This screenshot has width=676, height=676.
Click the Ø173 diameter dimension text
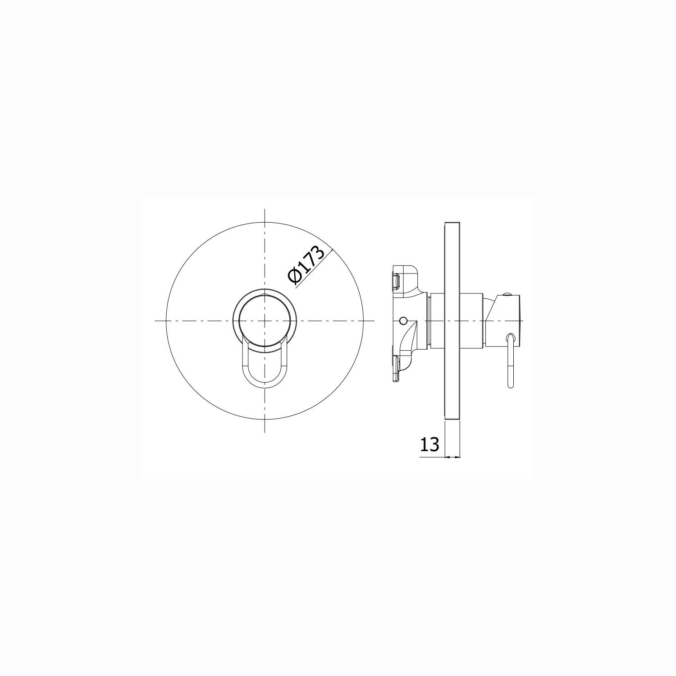(x=307, y=265)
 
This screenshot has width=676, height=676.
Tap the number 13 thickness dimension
(x=429, y=444)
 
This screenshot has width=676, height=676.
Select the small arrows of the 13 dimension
(x=452, y=457)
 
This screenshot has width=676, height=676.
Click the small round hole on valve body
(x=403, y=320)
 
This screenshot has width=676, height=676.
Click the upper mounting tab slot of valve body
(x=397, y=282)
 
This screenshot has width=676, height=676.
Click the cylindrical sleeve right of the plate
(x=472, y=321)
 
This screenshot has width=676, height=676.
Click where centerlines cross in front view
(x=265, y=321)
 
